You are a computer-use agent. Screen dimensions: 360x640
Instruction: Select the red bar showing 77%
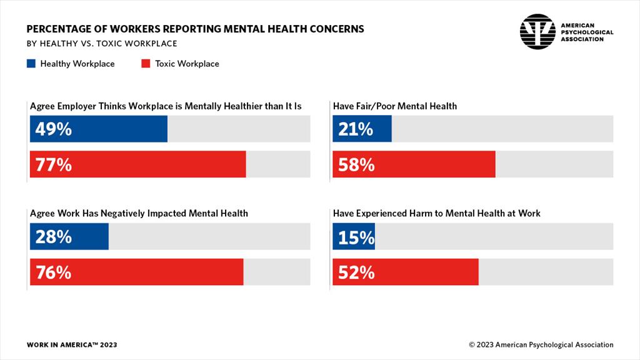click(x=137, y=164)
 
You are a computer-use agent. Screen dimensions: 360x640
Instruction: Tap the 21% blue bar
click(x=362, y=129)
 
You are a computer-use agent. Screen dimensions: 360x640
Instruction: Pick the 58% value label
click(x=356, y=164)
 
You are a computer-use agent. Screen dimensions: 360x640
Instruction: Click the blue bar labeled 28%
click(x=69, y=237)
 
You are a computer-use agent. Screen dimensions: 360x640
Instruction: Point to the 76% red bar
click(x=136, y=272)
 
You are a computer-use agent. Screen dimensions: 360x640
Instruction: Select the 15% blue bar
click(x=354, y=237)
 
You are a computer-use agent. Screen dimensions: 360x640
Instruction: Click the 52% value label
click(x=356, y=272)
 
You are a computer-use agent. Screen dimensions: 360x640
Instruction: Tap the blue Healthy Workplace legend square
click(x=31, y=64)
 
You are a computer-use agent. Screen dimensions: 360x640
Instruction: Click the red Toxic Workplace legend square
click(x=146, y=64)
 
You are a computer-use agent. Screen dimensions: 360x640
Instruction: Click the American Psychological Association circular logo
click(x=537, y=31)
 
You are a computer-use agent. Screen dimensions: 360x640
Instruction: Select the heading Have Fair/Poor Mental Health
click(x=395, y=106)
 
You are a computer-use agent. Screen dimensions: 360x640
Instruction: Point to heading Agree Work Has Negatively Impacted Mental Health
click(x=139, y=214)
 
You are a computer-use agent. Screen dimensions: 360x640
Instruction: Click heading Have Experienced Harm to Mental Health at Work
click(x=436, y=214)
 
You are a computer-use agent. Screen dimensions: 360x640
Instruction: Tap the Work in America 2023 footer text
click(x=72, y=345)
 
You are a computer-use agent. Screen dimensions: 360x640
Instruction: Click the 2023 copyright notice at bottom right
click(x=541, y=345)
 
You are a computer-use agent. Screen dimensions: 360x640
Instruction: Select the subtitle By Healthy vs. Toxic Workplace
click(x=102, y=44)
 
